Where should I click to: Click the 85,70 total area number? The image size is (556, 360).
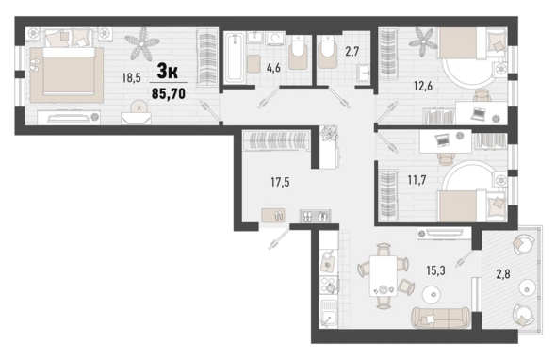coord(169,93)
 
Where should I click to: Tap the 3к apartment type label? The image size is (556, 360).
coord(168,72)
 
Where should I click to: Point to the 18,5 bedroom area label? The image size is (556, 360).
coord(132,77)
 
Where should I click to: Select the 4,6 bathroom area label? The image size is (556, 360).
coord(273,68)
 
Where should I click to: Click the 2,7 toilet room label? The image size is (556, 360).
coord(352,52)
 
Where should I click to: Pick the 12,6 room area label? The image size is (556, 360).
coord(423,86)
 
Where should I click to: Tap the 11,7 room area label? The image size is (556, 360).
coord(417,180)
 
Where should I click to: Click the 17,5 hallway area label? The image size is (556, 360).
coord(280,182)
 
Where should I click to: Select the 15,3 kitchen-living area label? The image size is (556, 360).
coord(435,270)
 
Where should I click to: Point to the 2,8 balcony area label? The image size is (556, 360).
coord(503,273)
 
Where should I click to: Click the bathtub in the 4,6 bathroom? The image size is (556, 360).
coord(235,57)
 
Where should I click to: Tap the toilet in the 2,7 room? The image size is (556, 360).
coord(327,53)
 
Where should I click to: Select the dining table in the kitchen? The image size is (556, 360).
coord(383,276)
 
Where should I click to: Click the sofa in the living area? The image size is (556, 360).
coord(441,317)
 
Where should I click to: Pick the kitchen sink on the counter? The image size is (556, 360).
coord(329,313)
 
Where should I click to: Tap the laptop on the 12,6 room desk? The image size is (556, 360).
coord(479,113)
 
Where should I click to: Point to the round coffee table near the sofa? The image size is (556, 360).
coord(432,294)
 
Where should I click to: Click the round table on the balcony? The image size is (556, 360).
coord(526,287)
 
